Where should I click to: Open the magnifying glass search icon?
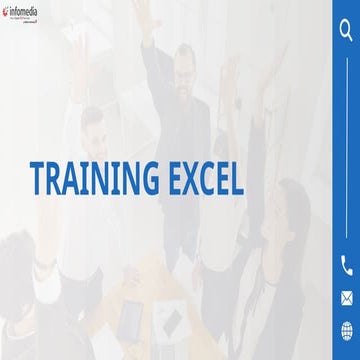click(346, 30)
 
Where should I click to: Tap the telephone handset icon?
click(346, 265)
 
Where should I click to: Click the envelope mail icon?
click(346, 297)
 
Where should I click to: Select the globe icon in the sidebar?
click(346, 329)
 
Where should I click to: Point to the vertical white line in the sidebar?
click(346, 150)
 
